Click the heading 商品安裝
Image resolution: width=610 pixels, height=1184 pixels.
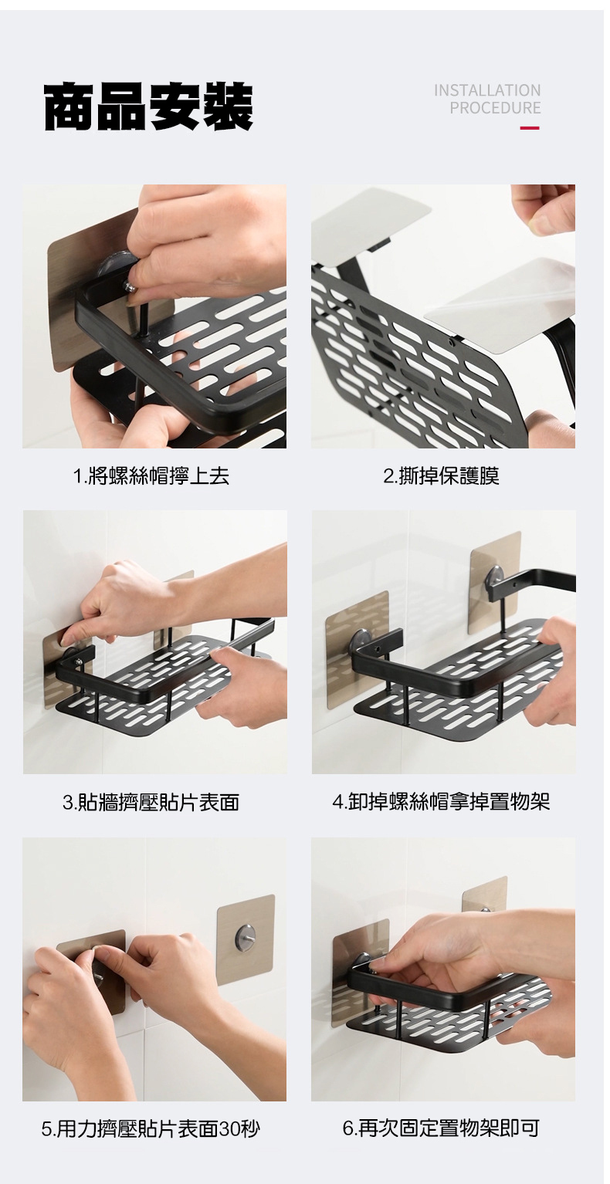coord(148,107)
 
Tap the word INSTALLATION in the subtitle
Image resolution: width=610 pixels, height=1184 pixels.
coord(486,90)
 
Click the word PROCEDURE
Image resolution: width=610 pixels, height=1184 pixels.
coord(495,108)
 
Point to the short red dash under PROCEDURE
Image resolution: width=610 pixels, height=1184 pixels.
coord(530,128)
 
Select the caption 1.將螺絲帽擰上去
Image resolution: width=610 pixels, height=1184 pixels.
coord(151,476)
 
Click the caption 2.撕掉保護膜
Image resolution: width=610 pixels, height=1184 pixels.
coord(442,476)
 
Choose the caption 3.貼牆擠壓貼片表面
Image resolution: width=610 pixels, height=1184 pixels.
coord(151,803)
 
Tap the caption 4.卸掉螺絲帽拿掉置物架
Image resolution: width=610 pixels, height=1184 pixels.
coord(442,802)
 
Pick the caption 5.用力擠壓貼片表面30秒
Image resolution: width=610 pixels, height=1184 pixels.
coord(151,1128)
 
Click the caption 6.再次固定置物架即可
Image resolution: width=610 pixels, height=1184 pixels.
coord(442,1128)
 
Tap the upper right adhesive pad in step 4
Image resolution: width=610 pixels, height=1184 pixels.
coord(495,580)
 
